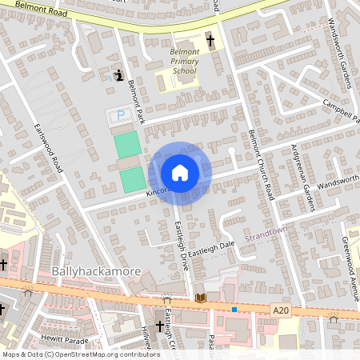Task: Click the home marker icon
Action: point(180,173)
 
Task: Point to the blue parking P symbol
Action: point(121,115)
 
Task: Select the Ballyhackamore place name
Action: point(96,272)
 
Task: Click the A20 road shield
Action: point(280,310)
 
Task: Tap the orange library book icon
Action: point(200,298)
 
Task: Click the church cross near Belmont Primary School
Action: point(212,39)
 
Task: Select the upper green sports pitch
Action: point(126,145)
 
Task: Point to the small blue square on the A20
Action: point(234,309)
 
